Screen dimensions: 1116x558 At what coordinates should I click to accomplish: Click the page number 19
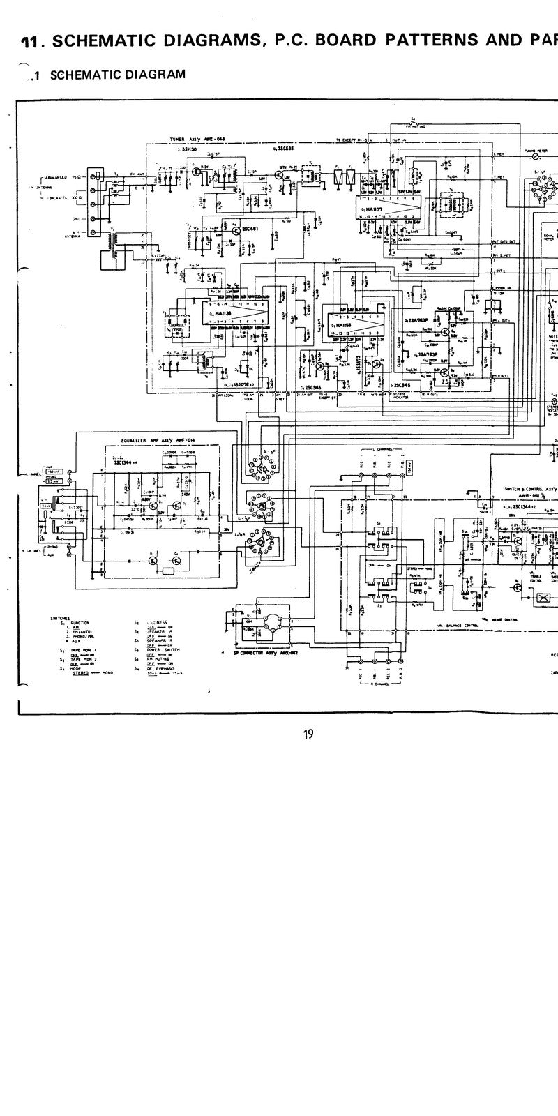point(308,733)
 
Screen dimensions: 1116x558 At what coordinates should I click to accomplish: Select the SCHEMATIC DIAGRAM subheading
point(118,74)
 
